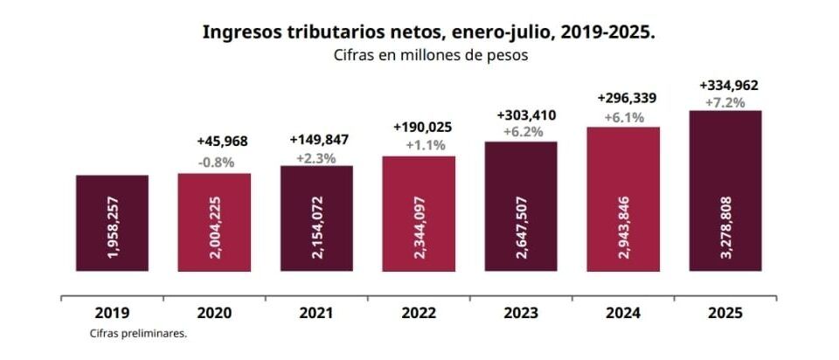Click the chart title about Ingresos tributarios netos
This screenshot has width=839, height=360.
(x=428, y=32)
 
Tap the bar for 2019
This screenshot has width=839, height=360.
(x=112, y=223)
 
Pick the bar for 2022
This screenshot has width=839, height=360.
(x=419, y=213)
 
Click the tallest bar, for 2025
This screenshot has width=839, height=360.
(x=725, y=190)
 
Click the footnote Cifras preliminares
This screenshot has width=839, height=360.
(x=138, y=333)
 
